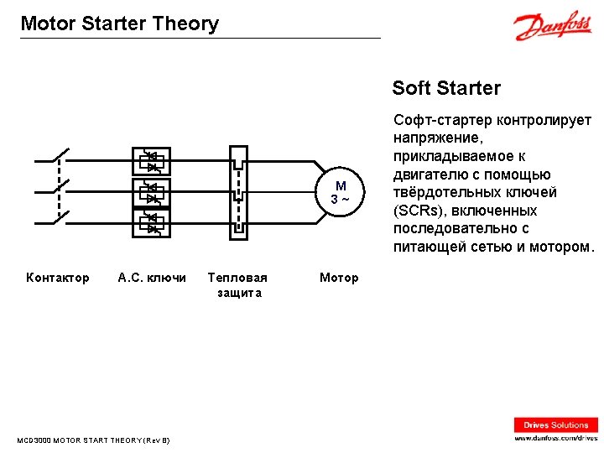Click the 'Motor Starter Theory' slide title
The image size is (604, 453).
tap(119, 23)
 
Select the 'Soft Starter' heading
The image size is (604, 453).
tap(446, 88)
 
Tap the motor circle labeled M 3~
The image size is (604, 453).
tap(340, 192)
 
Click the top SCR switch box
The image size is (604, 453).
tap(153, 159)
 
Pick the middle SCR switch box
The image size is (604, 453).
tap(153, 192)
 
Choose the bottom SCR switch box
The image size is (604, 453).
tap(153, 223)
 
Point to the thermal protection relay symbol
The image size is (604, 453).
tap(238, 191)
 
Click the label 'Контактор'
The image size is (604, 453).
tap(58, 278)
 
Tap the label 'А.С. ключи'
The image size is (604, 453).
tap(152, 278)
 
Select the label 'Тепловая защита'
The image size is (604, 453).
tap(238, 285)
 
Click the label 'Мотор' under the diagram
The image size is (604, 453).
tap(339, 278)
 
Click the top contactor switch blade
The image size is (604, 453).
tap(60, 157)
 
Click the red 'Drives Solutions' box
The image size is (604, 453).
tap(556, 425)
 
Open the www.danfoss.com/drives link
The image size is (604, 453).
tap(556, 439)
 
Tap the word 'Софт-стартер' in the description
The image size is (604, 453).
tap(434, 121)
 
